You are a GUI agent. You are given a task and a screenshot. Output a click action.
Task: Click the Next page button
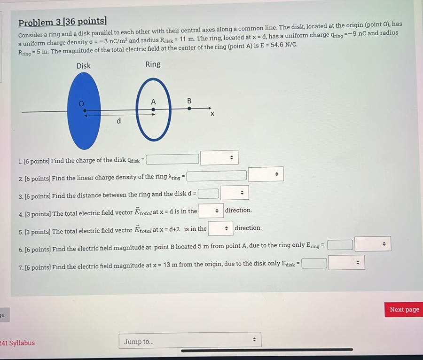pos(404,309)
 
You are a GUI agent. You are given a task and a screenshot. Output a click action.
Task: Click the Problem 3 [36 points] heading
pos(63,22)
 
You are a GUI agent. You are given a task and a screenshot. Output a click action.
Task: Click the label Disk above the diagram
pos(84,66)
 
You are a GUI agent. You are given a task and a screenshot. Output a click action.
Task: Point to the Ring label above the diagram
pos(153,64)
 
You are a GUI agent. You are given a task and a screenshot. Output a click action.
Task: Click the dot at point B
pos(189,109)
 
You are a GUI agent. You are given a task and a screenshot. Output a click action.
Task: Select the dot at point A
pos(153,110)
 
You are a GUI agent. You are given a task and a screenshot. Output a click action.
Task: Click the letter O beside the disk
pos(81,103)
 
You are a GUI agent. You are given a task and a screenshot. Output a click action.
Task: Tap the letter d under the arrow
pos(118,121)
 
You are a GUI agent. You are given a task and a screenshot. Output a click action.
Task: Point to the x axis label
pos(212,114)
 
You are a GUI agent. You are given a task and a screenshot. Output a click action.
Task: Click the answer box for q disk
pos(172,159)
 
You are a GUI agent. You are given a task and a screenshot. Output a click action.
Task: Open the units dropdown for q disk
pos(219,158)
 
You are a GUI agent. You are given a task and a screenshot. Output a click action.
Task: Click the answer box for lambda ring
pos(217,176)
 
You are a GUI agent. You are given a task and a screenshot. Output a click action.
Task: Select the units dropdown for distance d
pos(235,193)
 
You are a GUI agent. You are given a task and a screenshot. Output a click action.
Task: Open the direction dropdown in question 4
pos(211,211)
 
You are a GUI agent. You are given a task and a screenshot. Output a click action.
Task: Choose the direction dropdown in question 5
pos(220,228)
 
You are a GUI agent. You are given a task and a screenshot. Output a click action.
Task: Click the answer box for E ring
pos(340,245)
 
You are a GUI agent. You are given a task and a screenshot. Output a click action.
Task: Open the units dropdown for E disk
pos(347,263)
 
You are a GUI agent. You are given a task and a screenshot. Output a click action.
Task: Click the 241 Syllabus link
pos(17,343)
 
